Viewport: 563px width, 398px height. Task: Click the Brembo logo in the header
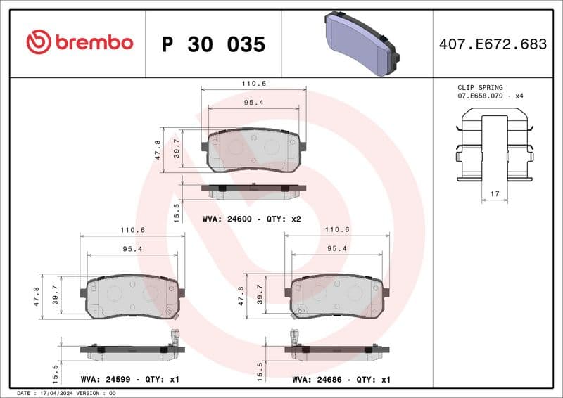tap(79, 43)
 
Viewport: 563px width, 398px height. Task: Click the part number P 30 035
tap(213, 44)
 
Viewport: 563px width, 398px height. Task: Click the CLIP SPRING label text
tap(481, 88)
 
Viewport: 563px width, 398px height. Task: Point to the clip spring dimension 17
tap(494, 193)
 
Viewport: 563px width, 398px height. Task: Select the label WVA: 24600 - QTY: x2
tap(251, 219)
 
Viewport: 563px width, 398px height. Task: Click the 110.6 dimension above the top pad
tap(254, 84)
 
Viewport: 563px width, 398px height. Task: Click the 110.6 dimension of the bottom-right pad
tap(336, 230)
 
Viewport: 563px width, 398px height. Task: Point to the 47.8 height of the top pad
tap(158, 149)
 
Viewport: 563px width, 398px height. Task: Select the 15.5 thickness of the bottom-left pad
tap(56, 367)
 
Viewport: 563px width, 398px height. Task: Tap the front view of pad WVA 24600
tap(254, 150)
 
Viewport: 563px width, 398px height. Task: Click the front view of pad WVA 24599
tap(131, 295)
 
